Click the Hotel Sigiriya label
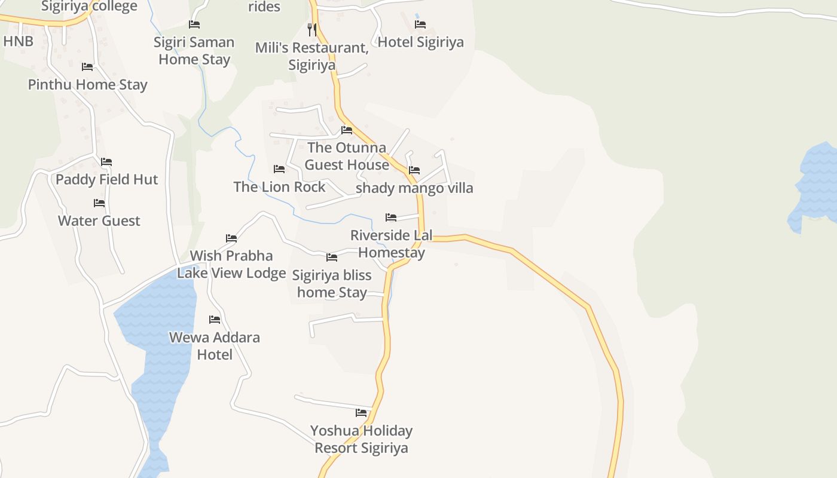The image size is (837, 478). pyautogui.click(x=420, y=42)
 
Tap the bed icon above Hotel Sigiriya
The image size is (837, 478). pyautogui.click(x=420, y=24)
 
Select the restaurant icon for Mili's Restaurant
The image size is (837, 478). pyautogui.click(x=311, y=29)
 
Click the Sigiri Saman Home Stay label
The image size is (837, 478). pyautogui.click(x=194, y=51)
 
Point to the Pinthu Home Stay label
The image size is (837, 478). pyautogui.click(x=87, y=85)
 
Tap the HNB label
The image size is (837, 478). pyautogui.click(x=18, y=41)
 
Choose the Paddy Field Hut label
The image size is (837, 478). pyautogui.click(x=106, y=180)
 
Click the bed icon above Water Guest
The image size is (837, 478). pyautogui.click(x=99, y=203)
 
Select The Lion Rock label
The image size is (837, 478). pyautogui.click(x=279, y=187)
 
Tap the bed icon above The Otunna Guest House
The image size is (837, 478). pyautogui.click(x=347, y=130)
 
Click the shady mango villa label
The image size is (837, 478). pyautogui.click(x=414, y=188)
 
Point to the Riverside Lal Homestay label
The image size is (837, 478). pyautogui.click(x=391, y=244)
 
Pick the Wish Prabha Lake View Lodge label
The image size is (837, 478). pyautogui.click(x=231, y=264)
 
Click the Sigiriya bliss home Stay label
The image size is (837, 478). pyautogui.click(x=332, y=284)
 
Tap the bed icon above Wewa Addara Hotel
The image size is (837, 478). pyautogui.click(x=215, y=320)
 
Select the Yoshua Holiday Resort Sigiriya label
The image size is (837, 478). pyautogui.click(x=361, y=439)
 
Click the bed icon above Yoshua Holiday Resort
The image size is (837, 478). pyautogui.click(x=361, y=413)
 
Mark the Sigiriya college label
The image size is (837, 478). pyautogui.click(x=89, y=7)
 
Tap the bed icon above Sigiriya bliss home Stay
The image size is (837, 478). pyautogui.click(x=332, y=258)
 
